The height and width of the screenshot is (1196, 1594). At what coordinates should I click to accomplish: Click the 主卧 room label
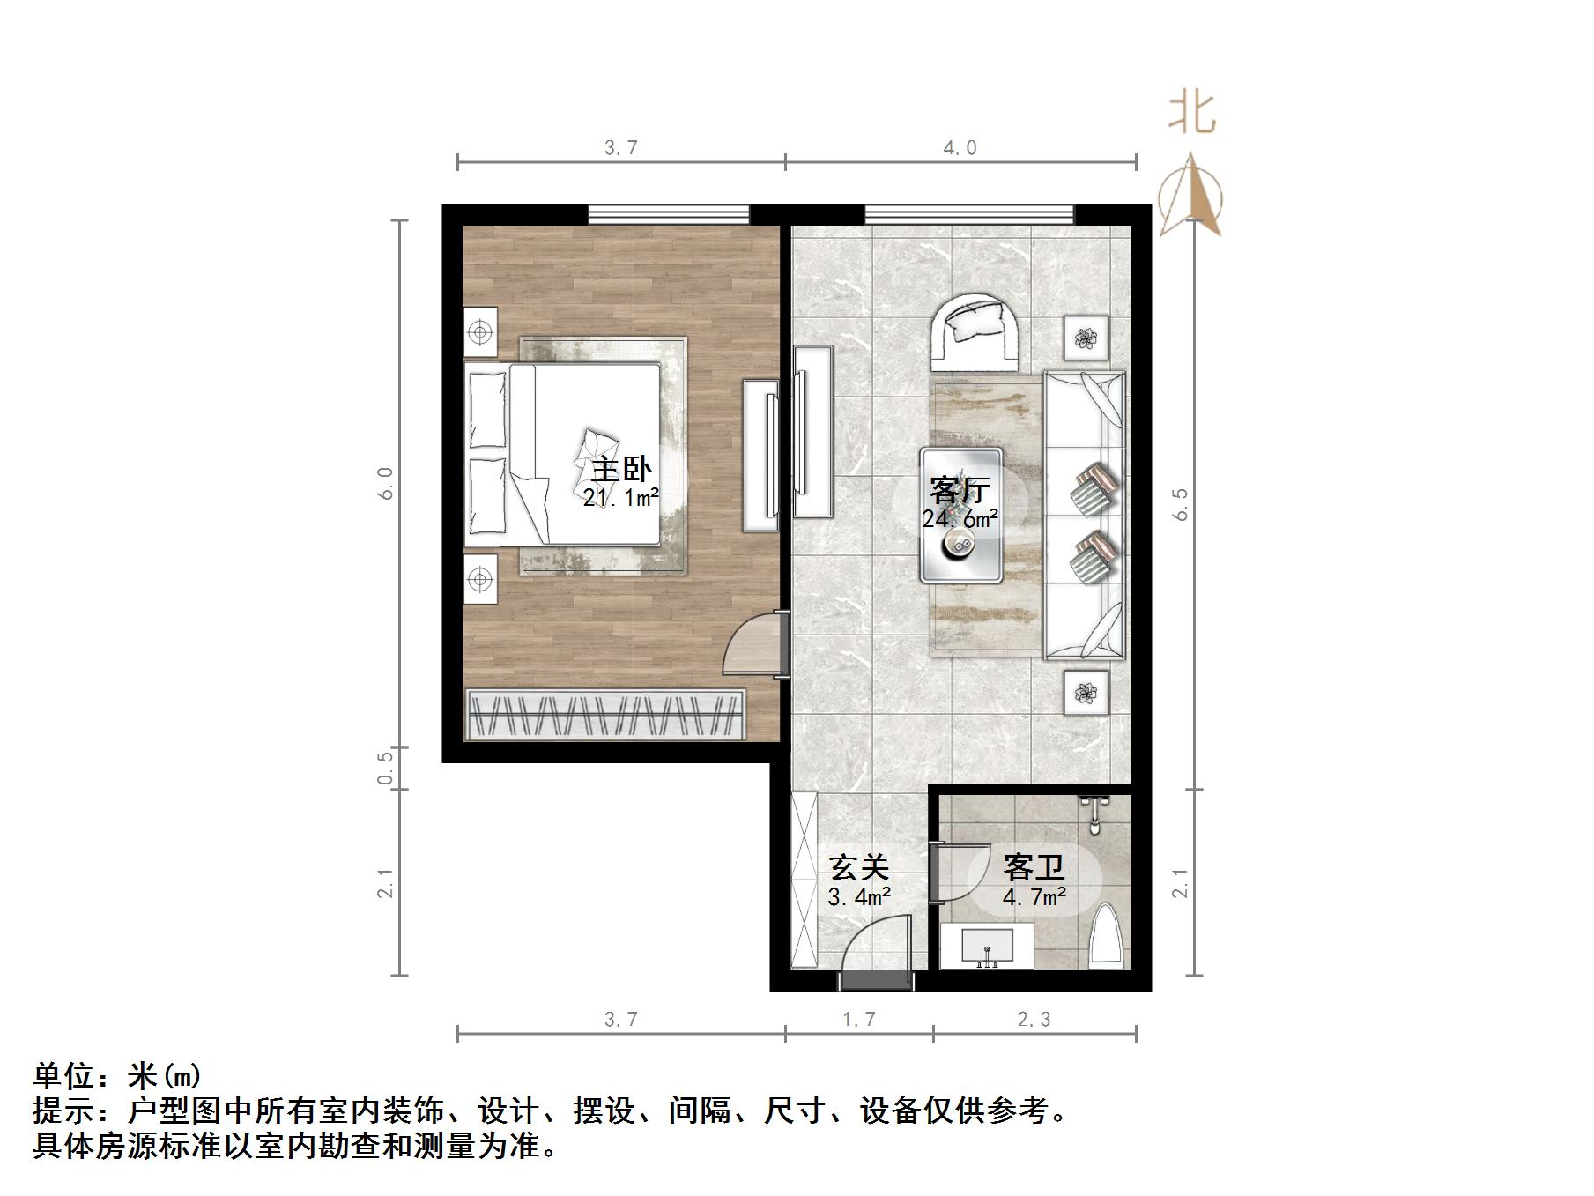(x=621, y=469)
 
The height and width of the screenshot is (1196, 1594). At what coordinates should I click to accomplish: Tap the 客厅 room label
(x=960, y=490)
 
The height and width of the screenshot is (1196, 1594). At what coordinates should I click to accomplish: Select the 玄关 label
(x=859, y=868)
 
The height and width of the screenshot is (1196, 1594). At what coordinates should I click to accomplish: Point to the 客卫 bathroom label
(x=1034, y=868)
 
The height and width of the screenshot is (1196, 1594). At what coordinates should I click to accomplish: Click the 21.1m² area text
(x=621, y=498)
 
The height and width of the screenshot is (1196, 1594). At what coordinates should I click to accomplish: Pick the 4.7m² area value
(x=1034, y=898)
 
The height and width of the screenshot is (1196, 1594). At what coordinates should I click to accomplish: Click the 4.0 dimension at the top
(x=960, y=148)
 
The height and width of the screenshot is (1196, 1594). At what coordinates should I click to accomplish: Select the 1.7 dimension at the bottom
(x=859, y=1020)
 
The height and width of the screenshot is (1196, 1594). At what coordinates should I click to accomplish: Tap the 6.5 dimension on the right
(x=1181, y=504)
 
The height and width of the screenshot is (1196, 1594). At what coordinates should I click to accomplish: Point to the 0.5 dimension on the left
(x=385, y=768)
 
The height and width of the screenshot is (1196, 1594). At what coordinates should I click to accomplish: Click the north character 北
(x=1192, y=113)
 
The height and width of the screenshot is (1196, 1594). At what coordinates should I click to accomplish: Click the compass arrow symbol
(x=1190, y=196)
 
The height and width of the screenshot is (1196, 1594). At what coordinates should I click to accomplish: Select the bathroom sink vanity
(x=987, y=946)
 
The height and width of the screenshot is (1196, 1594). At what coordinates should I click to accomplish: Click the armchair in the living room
(x=977, y=333)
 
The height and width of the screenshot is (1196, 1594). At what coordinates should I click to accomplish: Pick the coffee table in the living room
(x=961, y=516)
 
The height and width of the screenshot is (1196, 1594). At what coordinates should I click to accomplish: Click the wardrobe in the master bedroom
(x=605, y=714)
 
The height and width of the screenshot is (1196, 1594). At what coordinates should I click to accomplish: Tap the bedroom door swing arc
(x=752, y=647)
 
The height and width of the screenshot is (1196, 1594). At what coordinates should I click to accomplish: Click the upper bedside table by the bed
(x=480, y=332)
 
